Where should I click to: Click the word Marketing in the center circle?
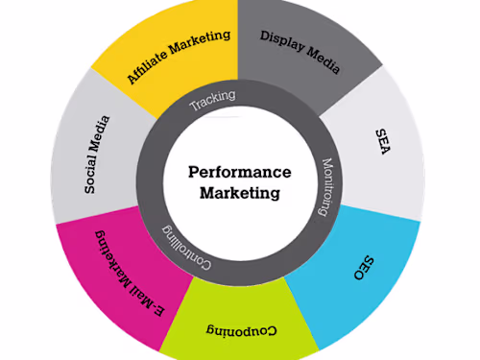(x=240, y=193)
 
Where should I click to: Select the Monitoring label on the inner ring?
(x=324, y=188)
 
